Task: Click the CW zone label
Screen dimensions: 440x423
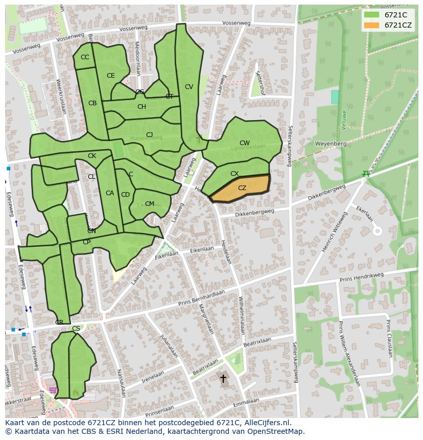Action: (245, 143)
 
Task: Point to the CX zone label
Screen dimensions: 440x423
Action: (234, 174)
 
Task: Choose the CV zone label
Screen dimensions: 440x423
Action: (189, 87)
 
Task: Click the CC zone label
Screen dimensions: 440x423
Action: (85, 57)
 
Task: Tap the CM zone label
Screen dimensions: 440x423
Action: (149, 204)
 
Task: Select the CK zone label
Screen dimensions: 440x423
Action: (92, 156)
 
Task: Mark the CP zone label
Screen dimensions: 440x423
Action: (86, 242)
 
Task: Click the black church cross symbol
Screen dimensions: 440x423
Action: (223, 379)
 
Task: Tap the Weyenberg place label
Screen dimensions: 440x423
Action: (331, 144)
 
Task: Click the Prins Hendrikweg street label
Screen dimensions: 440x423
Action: (361, 277)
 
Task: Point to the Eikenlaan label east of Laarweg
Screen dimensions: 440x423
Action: (202, 250)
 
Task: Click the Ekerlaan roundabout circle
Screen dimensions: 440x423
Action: (377, 231)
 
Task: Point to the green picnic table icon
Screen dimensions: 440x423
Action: (366, 174)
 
